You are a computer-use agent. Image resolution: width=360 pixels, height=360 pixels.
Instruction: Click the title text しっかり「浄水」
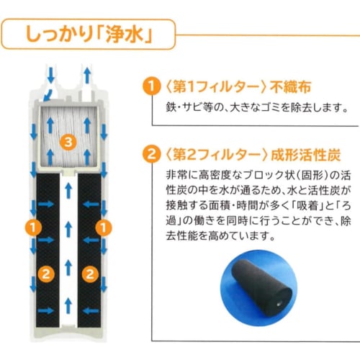[x=89, y=35]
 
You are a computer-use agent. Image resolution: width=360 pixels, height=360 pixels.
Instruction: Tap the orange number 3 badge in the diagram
[x=68, y=142]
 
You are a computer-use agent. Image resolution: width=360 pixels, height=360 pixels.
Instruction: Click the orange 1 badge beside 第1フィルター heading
[x=151, y=86]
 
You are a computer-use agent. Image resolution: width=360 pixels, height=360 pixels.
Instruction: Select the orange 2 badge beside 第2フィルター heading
[x=151, y=154]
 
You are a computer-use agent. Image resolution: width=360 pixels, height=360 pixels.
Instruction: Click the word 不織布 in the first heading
[x=291, y=86]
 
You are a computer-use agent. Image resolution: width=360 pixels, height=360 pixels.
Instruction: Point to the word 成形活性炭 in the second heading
[x=306, y=155]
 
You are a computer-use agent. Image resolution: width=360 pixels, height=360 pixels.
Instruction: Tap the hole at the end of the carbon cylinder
[x=279, y=305]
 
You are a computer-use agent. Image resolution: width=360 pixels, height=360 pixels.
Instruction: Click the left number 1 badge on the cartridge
[x=33, y=228]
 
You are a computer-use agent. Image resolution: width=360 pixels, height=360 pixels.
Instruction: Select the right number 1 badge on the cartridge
[x=104, y=228]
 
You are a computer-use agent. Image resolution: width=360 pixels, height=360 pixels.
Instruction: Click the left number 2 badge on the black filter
[x=46, y=274]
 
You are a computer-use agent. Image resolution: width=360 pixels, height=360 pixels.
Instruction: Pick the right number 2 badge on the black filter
[x=90, y=274]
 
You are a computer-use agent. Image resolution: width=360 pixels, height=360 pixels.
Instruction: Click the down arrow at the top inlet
[x=50, y=75]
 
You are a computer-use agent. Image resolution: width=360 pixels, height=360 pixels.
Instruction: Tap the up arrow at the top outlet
[x=88, y=75]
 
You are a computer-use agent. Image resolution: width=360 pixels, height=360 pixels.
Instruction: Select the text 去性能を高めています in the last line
[x=220, y=236]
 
